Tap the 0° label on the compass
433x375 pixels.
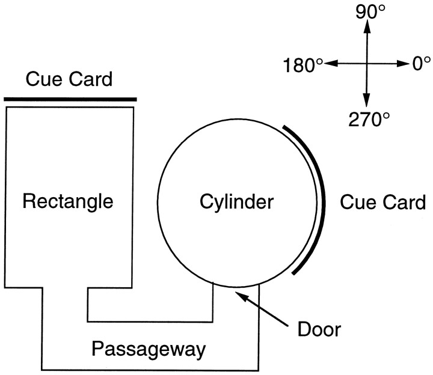pyautogui.click(x=421, y=63)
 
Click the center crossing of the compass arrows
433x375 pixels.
pyautogui.click(x=365, y=64)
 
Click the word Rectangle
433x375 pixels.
pyautogui.click(x=67, y=201)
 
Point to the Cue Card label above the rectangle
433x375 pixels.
pyautogui.click(x=69, y=79)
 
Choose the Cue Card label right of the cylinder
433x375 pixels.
pyautogui.click(x=382, y=202)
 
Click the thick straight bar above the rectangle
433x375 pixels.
pyautogui.click(x=70, y=99)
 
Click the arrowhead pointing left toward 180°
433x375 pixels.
pyautogui.click(x=328, y=64)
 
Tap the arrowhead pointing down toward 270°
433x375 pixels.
pyautogui.click(x=365, y=103)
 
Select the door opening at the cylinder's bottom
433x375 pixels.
pyautogui.click(x=236, y=286)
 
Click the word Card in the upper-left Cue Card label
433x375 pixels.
pyautogui.click(x=90, y=79)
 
